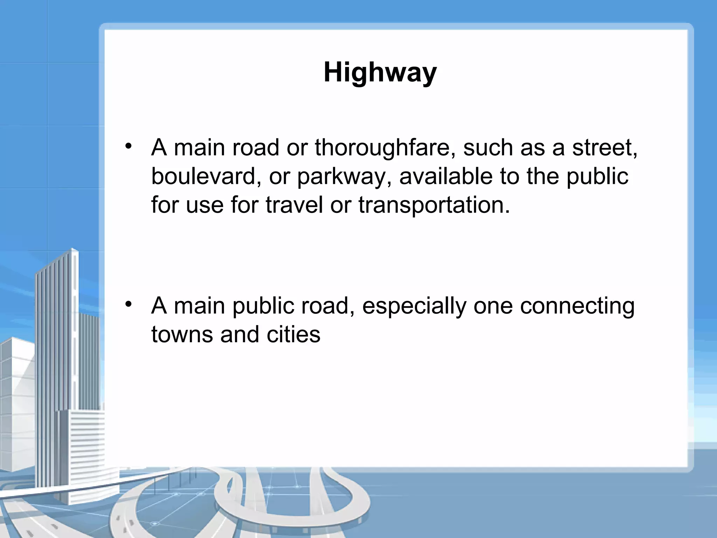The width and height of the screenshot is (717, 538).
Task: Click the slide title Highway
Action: (x=380, y=73)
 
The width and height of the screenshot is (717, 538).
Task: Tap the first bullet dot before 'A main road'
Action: (x=129, y=146)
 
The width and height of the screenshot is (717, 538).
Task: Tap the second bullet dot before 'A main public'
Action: (x=129, y=304)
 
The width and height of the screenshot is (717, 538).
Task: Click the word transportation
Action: (x=434, y=205)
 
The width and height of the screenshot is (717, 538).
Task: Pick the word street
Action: (x=604, y=147)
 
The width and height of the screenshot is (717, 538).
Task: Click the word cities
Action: (x=293, y=334)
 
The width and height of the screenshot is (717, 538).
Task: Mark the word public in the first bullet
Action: (x=597, y=176)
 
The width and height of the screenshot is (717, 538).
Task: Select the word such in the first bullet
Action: (x=488, y=147)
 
